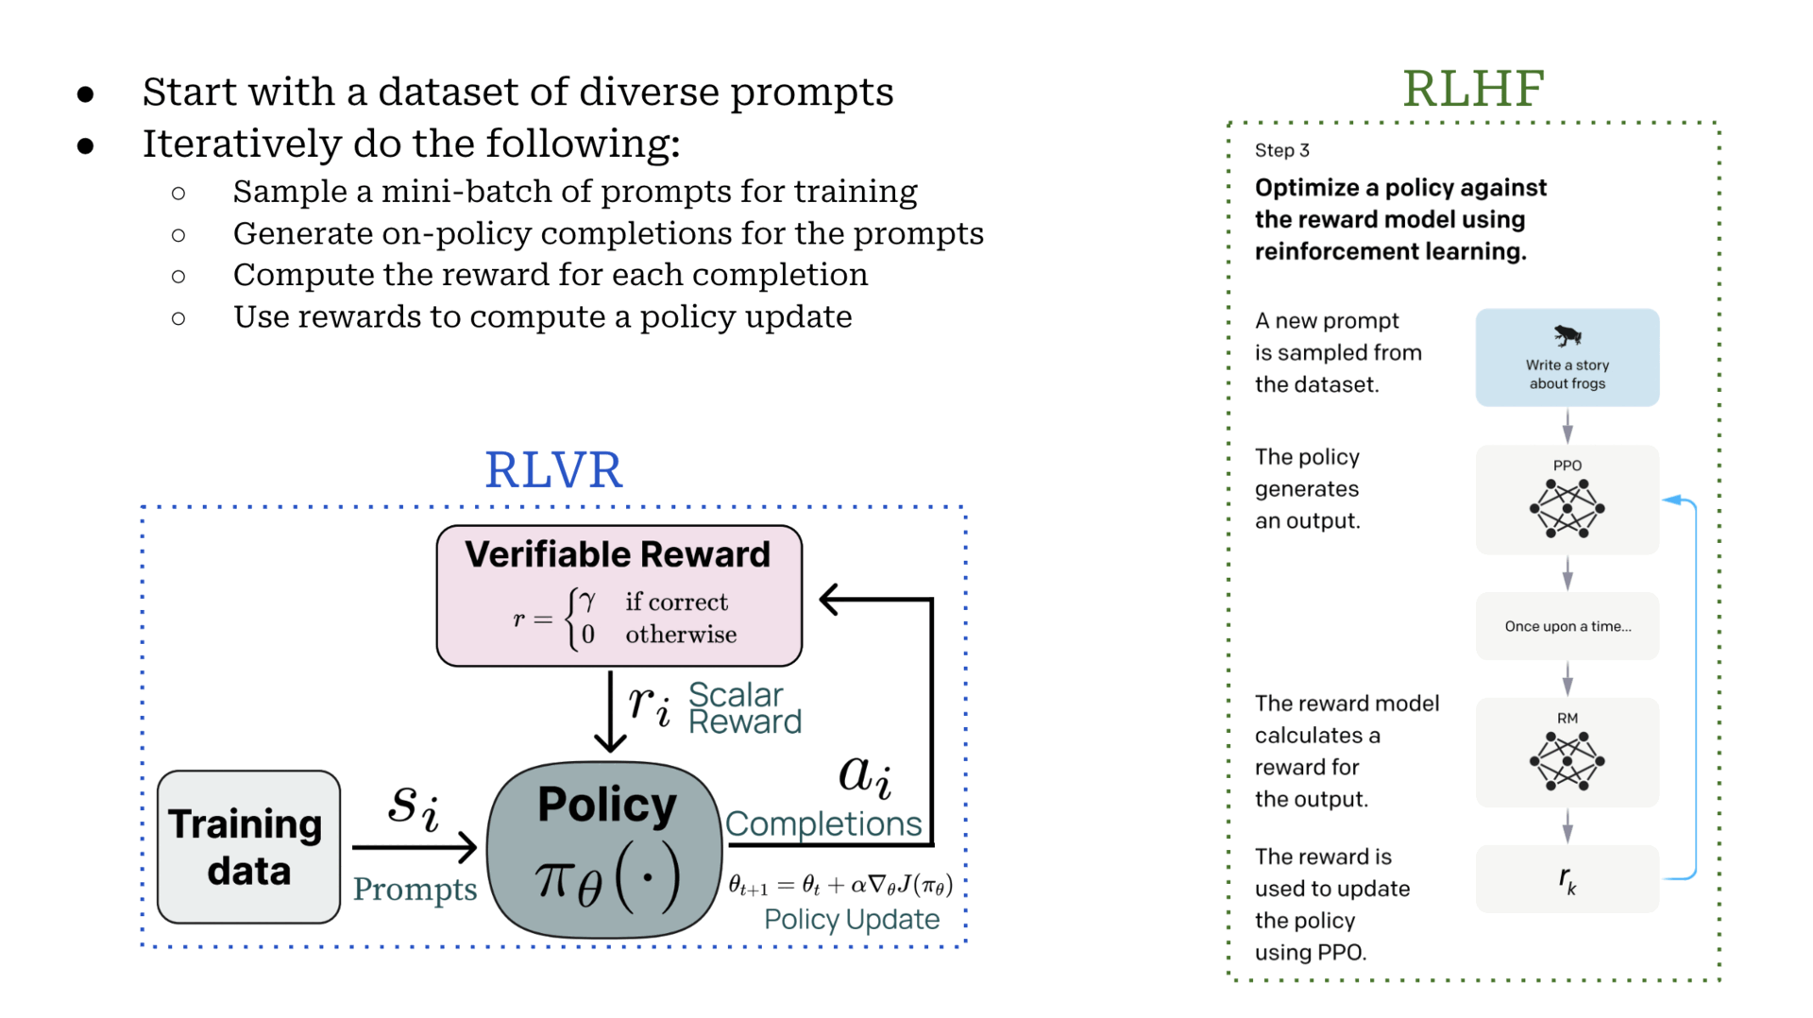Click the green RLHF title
(1472, 89)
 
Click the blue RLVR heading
(553, 469)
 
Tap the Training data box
(248, 847)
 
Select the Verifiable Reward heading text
(618, 554)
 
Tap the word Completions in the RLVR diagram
(822, 823)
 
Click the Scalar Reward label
(744, 708)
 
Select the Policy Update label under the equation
(851, 919)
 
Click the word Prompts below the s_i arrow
(415, 889)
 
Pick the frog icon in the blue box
(1567, 335)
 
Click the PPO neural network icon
(1567, 508)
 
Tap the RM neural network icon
(1567, 761)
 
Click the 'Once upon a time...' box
(1567, 626)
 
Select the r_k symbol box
(1567, 879)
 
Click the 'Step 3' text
(1281, 150)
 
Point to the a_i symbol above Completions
(864, 775)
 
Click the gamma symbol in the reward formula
(587, 601)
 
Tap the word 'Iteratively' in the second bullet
(242, 144)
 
